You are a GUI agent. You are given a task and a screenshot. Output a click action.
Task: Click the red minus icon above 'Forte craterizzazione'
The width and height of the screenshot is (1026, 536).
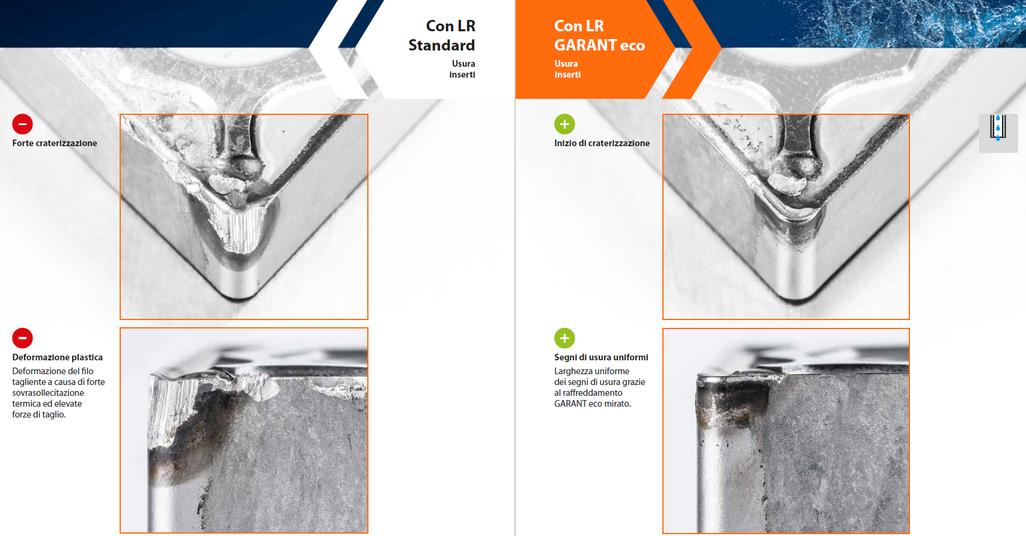coord(22,124)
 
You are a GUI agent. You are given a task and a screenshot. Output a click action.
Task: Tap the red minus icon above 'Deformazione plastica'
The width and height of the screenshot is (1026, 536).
coord(22,338)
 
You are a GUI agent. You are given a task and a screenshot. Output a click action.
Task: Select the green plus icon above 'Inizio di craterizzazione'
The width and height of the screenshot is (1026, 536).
coord(564,124)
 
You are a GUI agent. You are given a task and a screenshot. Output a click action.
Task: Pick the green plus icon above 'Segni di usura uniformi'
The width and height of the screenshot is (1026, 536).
coord(564,338)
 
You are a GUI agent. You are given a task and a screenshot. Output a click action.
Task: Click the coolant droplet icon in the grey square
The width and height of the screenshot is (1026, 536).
coord(998,128)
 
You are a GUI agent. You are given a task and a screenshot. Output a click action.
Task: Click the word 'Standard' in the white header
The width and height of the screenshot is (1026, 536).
coord(442,45)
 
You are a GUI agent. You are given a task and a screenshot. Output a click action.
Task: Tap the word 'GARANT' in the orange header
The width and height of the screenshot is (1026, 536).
coord(585,45)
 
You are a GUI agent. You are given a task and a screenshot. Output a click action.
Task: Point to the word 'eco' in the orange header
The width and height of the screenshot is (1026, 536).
coord(632,46)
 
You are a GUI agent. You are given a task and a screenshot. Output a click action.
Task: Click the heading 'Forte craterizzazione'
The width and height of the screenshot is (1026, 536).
coord(55,143)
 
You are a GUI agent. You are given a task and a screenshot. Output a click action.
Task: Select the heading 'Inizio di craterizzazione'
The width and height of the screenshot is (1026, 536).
coord(602,143)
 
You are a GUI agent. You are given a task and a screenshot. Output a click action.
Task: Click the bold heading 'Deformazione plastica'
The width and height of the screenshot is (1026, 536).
coord(57,357)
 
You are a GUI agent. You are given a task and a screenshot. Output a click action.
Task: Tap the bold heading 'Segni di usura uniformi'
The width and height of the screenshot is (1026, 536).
coord(601,357)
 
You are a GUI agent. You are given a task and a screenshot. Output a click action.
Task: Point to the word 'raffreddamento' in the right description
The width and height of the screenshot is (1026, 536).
coord(592,393)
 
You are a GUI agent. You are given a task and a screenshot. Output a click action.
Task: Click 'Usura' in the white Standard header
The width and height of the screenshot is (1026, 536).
coord(463,64)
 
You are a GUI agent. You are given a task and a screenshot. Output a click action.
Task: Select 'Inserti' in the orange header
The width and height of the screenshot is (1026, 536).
coord(567,75)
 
